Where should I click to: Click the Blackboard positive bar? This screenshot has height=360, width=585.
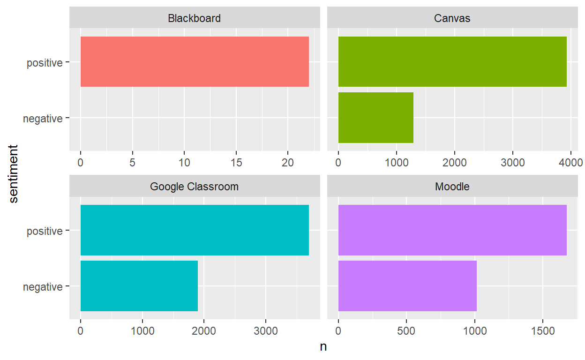tap(195, 62)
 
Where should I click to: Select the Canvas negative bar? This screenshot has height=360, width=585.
tap(375, 118)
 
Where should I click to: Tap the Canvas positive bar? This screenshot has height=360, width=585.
tap(452, 62)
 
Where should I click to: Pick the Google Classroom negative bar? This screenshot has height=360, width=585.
tap(139, 286)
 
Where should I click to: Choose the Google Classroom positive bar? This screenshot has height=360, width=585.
tap(195, 230)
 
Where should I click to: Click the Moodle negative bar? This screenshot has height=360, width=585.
tap(407, 286)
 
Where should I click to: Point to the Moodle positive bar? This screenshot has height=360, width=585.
tap(452, 230)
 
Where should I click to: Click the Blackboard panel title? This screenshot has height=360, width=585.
tap(194, 19)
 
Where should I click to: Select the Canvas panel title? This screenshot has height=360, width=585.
tap(452, 19)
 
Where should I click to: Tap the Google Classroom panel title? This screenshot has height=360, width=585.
tap(194, 187)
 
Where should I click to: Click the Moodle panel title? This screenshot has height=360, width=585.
tap(452, 187)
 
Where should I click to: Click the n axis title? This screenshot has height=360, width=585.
tap(323, 347)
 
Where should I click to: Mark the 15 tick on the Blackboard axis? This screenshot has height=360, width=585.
tap(236, 163)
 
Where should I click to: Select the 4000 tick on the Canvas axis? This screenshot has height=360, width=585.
tap(571, 163)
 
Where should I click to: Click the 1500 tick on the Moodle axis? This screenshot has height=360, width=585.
tap(543, 331)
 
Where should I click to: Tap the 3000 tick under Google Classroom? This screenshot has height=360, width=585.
tap(266, 331)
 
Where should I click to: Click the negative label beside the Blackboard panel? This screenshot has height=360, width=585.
tap(43, 119)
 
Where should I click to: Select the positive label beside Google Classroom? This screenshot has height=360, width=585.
tap(45, 231)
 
